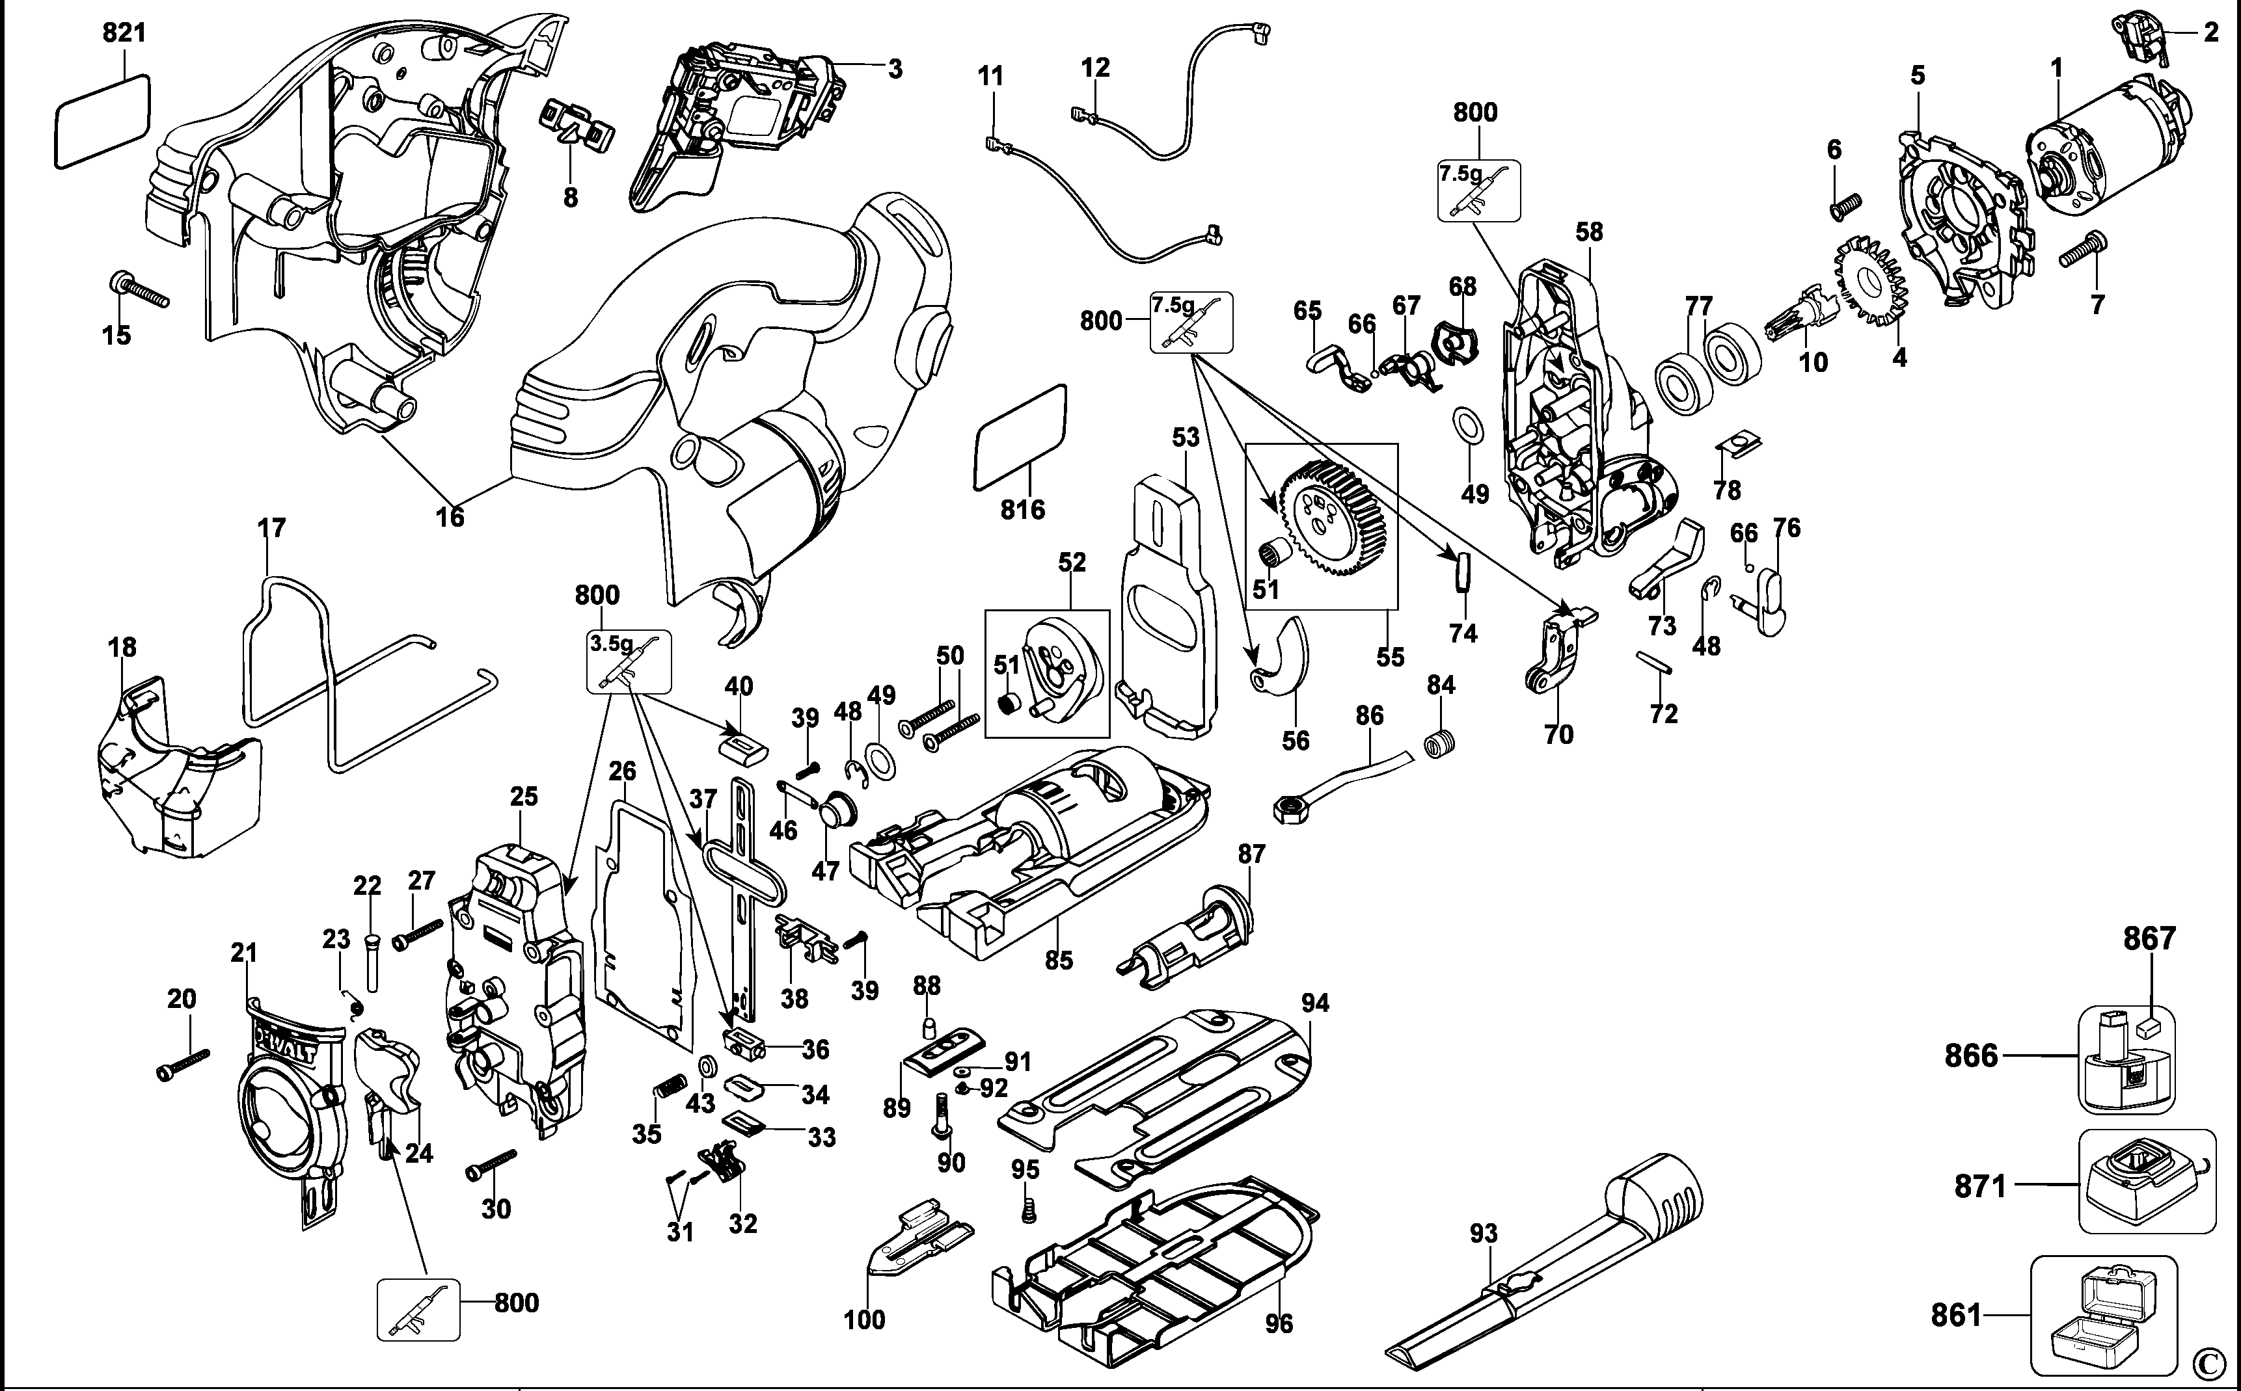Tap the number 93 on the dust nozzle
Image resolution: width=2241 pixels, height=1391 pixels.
point(1483,1234)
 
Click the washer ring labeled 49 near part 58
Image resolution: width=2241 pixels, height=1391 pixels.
point(1468,426)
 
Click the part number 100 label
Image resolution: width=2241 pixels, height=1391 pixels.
point(863,1320)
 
